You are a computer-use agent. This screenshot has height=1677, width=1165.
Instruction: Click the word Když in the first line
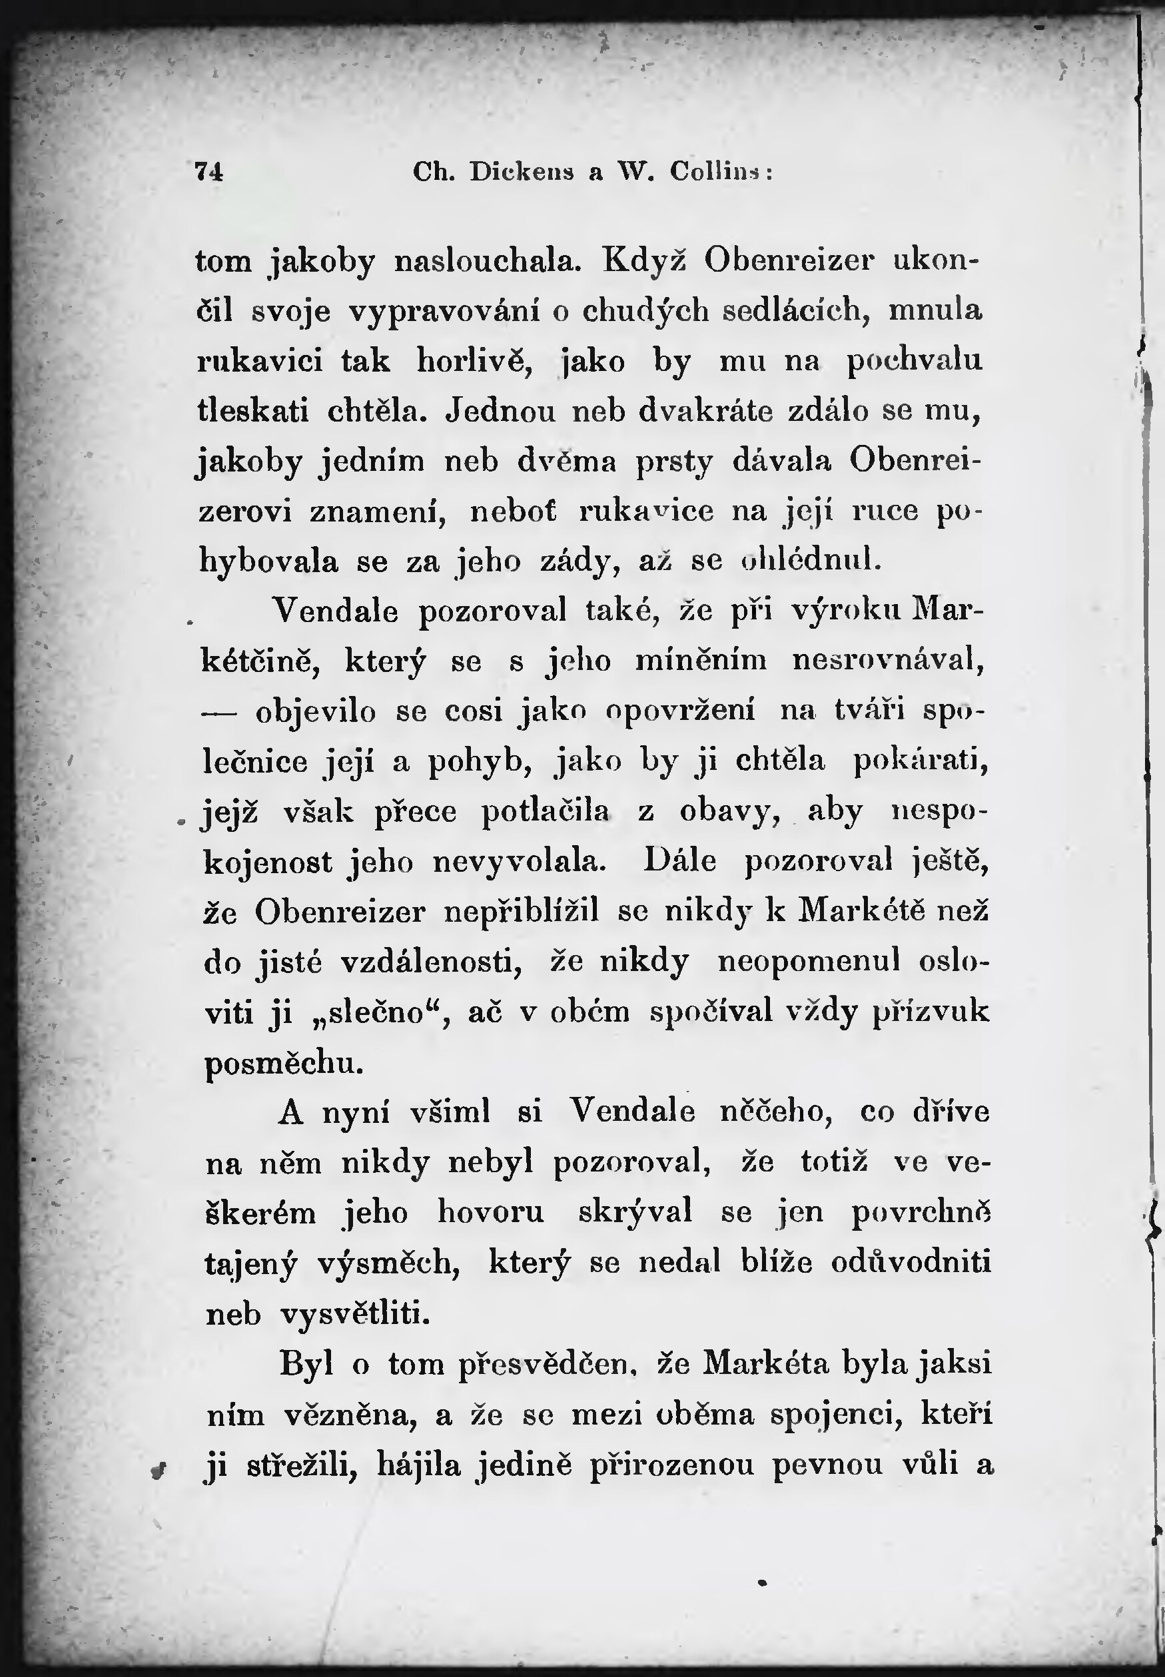(645, 261)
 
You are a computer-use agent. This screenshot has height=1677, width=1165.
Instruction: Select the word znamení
(376, 511)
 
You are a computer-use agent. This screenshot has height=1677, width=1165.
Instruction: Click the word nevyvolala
(520, 862)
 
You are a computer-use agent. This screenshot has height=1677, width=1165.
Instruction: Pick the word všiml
(450, 1112)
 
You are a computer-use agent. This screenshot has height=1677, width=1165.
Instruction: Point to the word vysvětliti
(355, 1314)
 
